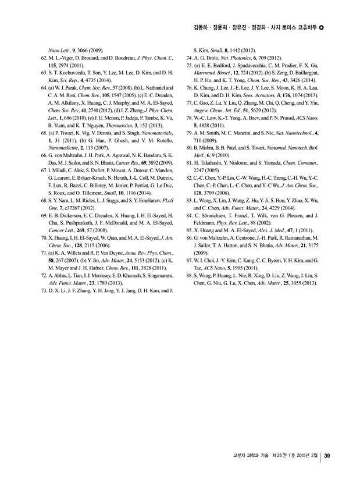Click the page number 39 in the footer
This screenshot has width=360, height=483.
327,456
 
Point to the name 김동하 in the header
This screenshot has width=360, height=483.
201,27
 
